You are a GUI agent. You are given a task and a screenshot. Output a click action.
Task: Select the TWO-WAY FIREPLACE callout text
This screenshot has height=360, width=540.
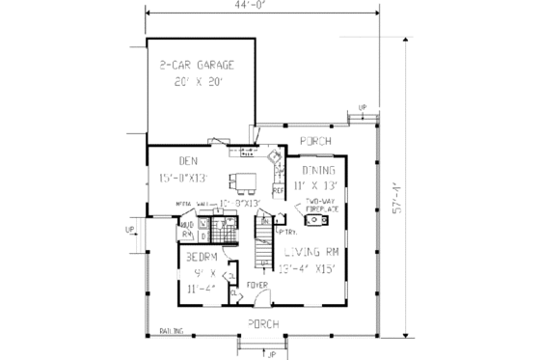point(320,203)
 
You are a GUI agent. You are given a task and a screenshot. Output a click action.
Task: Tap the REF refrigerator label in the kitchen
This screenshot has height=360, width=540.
point(279,191)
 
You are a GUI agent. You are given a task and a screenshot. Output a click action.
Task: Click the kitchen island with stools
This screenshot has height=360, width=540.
point(241,179)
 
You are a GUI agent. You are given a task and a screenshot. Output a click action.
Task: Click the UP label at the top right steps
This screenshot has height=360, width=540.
point(363,107)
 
